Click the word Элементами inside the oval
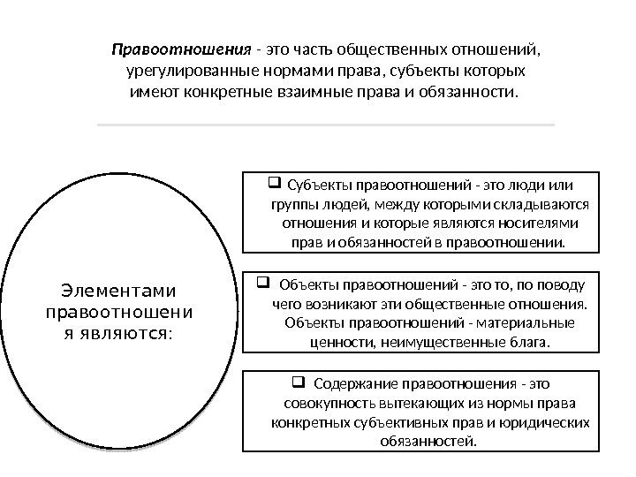coord(118,291)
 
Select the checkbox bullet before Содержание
coord(298,383)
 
